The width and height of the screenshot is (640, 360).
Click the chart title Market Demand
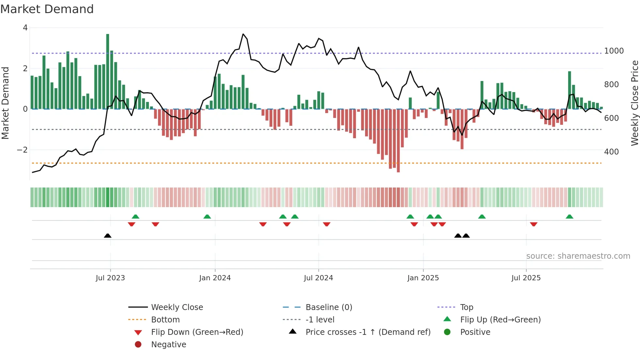click(47, 9)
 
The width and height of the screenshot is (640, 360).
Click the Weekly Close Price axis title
click(634, 103)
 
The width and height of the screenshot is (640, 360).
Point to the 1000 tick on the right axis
click(614, 51)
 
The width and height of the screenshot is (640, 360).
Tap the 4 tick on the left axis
click(25, 28)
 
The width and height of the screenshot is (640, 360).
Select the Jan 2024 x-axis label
click(215, 278)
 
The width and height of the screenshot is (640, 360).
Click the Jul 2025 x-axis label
click(526, 278)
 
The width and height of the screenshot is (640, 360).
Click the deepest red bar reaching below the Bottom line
click(398, 140)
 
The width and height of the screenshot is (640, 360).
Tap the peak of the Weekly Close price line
click(243, 34)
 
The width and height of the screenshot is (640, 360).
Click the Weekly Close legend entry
click(177, 307)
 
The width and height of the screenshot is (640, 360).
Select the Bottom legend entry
click(165, 320)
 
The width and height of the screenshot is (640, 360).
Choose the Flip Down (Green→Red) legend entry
click(197, 332)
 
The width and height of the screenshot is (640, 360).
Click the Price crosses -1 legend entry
click(368, 332)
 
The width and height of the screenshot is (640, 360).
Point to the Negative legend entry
click(168, 345)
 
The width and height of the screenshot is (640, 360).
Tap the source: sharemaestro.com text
click(578, 256)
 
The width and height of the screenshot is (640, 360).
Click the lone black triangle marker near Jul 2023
click(108, 236)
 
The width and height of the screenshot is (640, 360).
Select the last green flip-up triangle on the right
click(569, 217)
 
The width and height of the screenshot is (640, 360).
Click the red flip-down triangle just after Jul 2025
click(534, 224)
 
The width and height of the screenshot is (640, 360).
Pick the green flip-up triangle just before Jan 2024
click(207, 217)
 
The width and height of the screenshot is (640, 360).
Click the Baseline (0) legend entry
click(328, 307)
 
